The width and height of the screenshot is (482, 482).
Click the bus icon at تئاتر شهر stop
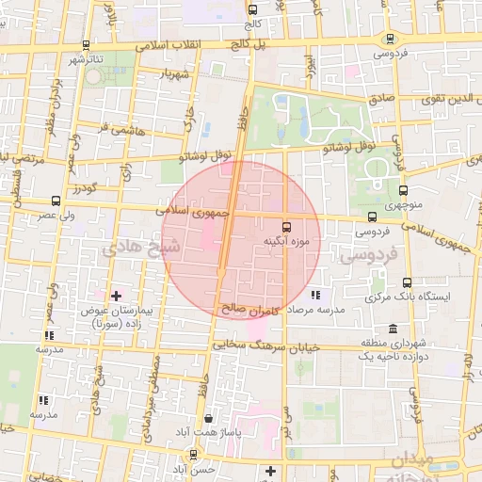click(x=87, y=44)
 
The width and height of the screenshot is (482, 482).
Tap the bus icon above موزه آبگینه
click(x=288, y=226)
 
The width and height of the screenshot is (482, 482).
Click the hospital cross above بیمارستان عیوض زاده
click(x=116, y=296)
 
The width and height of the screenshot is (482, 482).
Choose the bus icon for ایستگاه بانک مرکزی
click(x=407, y=281)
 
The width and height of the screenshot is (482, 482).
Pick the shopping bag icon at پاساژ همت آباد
click(x=208, y=418)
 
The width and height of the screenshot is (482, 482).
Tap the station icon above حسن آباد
click(x=193, y=453)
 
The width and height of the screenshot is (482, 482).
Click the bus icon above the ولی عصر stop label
click(x=56, y=200)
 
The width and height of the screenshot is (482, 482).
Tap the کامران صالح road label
click(x=247, y=307)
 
